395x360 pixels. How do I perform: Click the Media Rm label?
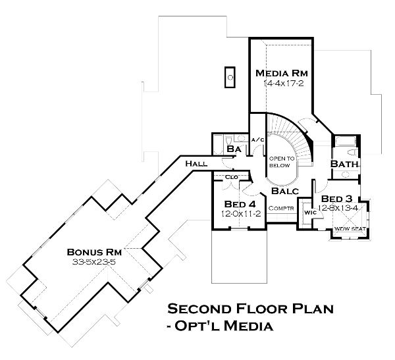pos(282,72)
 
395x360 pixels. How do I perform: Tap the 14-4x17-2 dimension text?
pos(282,84)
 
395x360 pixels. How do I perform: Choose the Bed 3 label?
pos(336,199)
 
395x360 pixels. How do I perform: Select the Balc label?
pos(285,191)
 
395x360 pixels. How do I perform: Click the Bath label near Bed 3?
pos(344,163)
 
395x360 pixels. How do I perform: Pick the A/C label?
pos(259,140)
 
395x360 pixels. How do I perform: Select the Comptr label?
pos(281,209)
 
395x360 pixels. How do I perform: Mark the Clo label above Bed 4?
pos(230,177)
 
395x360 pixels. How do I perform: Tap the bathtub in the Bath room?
pos(344,141)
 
